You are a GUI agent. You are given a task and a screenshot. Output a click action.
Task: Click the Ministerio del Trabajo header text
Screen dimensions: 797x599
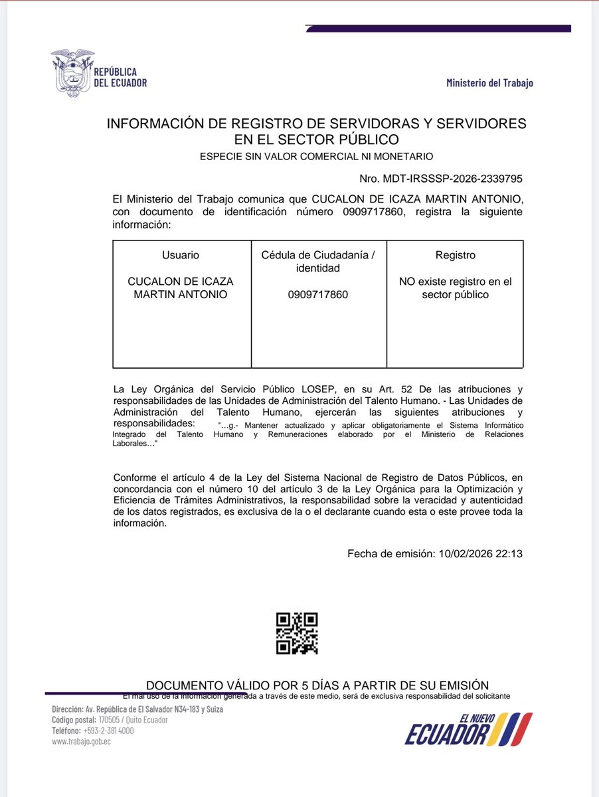click(x=489, y=83)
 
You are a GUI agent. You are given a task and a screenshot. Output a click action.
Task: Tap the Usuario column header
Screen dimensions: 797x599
click(x=181, y=255)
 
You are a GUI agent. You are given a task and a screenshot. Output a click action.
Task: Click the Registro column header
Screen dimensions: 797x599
click(x=455, y=255)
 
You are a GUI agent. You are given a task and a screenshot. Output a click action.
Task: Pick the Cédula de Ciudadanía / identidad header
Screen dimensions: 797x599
click(x=319, y=262)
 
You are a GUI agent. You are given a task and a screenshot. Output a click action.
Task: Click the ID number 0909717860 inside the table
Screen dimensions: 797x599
click(x=319, y=294)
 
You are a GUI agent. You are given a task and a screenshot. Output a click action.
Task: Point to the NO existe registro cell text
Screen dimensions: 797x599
click(x=455, y=288)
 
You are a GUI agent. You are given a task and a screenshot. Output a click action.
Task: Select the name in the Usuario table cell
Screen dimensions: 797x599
click(x=181, y=288)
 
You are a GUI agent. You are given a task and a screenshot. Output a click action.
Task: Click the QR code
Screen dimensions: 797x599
click(x=297, y=633)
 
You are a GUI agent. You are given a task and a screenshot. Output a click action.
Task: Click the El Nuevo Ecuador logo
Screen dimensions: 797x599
click(x=469, y=729)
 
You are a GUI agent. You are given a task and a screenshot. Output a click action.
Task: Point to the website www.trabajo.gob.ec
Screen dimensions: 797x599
click(x=81, y=741)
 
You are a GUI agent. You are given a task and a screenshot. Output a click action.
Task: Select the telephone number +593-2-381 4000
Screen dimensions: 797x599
click(x=109, y=731)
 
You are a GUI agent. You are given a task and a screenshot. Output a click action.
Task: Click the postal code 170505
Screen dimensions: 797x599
click(x=108, y=720)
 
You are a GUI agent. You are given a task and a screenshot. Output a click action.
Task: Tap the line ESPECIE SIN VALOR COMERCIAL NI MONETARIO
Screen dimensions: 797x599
click(x=317, y=157)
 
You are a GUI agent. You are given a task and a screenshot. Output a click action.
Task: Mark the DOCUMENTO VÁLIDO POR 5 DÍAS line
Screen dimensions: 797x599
click(x=317, y=685)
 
